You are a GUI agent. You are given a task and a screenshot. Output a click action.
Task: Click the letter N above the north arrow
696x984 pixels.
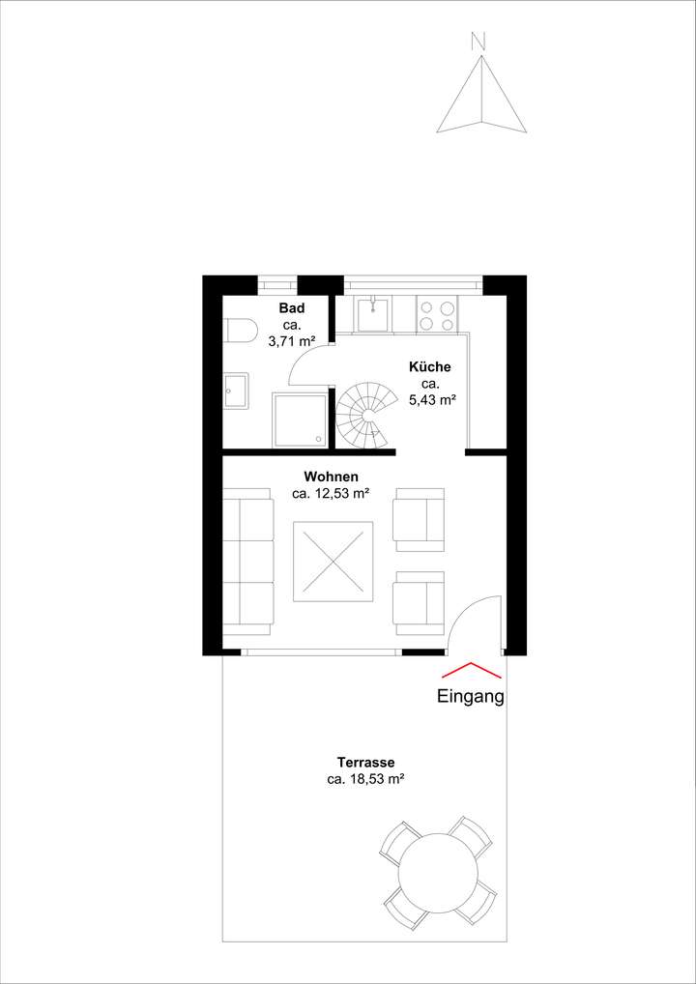(x=477, y=41)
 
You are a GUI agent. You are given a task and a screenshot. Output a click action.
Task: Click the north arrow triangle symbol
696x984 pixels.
(x=480, y=97)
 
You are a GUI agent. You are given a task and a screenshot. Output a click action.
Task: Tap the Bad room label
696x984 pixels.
(x=292, y=308)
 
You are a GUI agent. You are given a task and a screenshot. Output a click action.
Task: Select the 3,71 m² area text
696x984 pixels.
(x=292, y=341)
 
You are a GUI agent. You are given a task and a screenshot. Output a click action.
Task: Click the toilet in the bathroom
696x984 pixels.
(x=237, y=332)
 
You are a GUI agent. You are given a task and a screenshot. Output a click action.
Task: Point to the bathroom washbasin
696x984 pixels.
(x=236, y=391)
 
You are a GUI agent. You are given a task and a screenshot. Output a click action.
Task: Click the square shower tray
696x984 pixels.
(x=299, y=420)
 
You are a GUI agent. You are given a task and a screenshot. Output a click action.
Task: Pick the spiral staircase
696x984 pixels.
(x=366, y=415)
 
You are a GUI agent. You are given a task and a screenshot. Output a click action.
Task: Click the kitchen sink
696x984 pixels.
(x=373, y=313)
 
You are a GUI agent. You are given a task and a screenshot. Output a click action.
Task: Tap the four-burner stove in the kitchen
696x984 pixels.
(x=438, y=313)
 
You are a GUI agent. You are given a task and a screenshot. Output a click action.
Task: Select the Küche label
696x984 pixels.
(x=430, y=367)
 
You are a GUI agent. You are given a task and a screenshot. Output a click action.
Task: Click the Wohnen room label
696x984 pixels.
(x=331, y=477)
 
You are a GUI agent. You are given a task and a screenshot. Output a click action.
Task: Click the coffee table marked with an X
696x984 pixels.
(x=333, y=562)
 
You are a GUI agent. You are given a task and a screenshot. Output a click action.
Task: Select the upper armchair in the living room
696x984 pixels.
(x=420, y=519)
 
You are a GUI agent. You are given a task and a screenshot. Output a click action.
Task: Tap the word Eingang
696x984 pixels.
(x=471, y=696)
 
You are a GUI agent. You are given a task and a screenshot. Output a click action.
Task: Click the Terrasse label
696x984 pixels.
(x=365, y=763)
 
